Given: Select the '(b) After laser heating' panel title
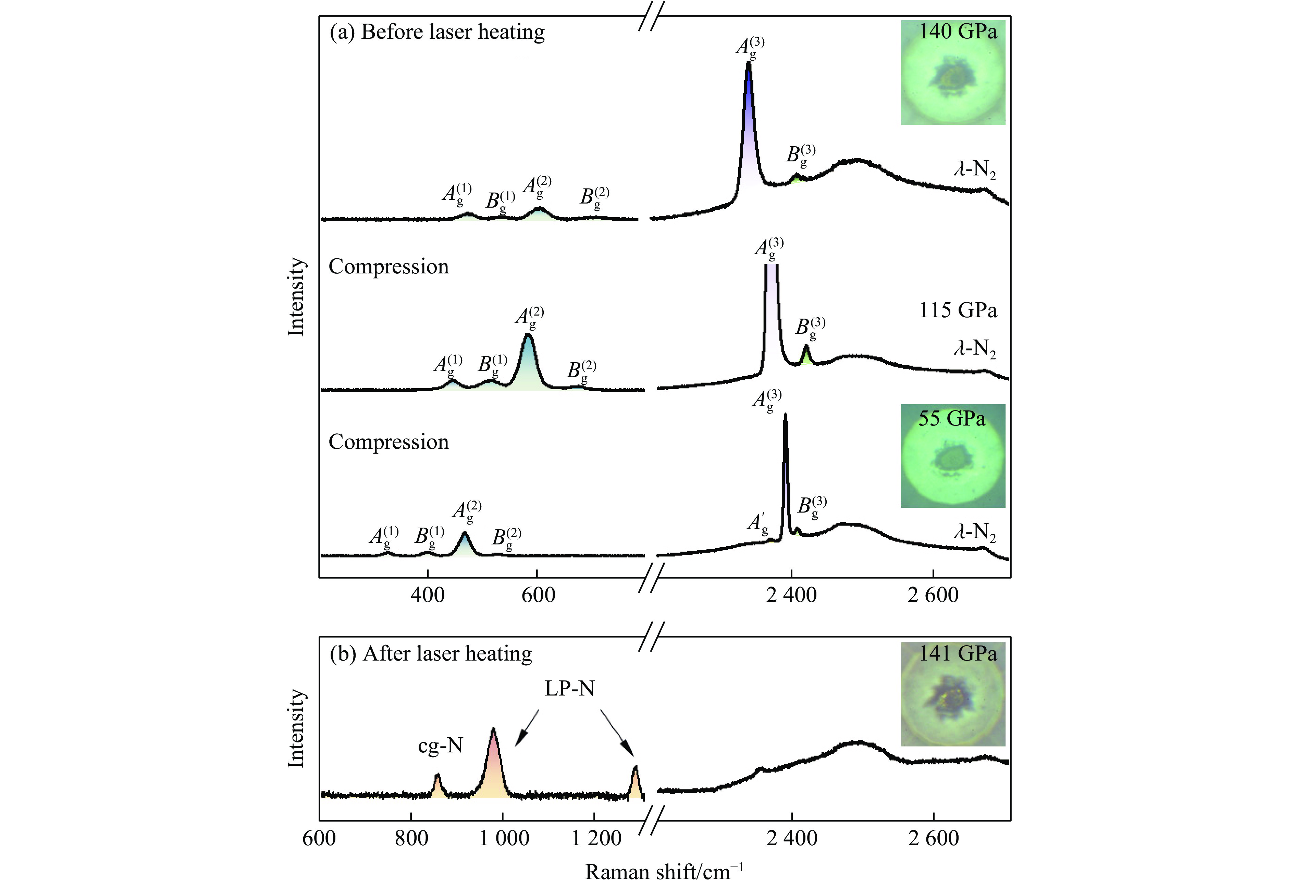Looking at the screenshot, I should [431, 654].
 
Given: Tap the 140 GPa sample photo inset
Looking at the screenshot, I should [952, 72].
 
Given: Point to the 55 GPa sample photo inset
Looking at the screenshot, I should [952, 456].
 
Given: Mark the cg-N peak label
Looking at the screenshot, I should [440, 746].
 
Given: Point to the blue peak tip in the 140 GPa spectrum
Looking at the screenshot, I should [748, 66].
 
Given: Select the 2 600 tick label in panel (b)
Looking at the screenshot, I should [933, 838].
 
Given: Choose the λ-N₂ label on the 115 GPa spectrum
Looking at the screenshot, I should [974, 349].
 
